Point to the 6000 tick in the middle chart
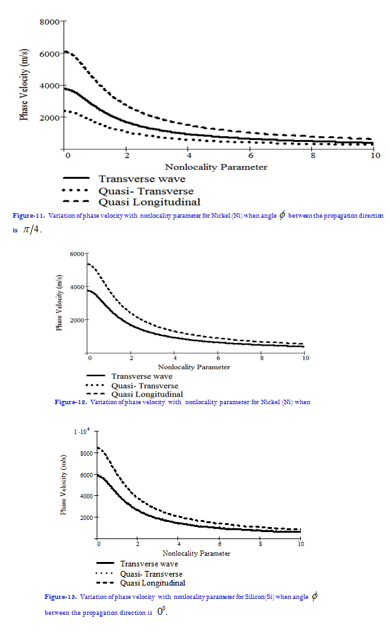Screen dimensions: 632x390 (x=77, y=254)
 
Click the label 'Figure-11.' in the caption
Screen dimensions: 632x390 (x=27, y=216)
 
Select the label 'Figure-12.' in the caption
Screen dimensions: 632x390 (x=70, y=402)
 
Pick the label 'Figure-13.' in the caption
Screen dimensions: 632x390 (x=60, y=597)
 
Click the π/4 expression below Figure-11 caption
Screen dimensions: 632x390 (x=32, y=229)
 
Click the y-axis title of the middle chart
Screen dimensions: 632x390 (x=59, y=303)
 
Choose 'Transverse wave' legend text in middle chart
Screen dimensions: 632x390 (x=141, y=377)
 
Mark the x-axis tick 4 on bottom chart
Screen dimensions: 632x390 (x=179, y=544)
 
